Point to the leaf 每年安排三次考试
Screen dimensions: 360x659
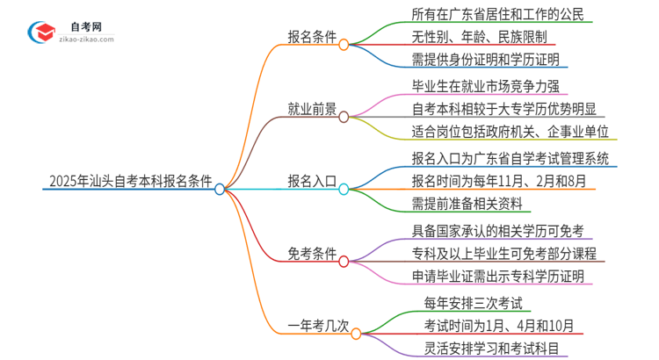460,304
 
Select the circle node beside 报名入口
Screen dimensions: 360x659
344,188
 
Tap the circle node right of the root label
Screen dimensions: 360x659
220,188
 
